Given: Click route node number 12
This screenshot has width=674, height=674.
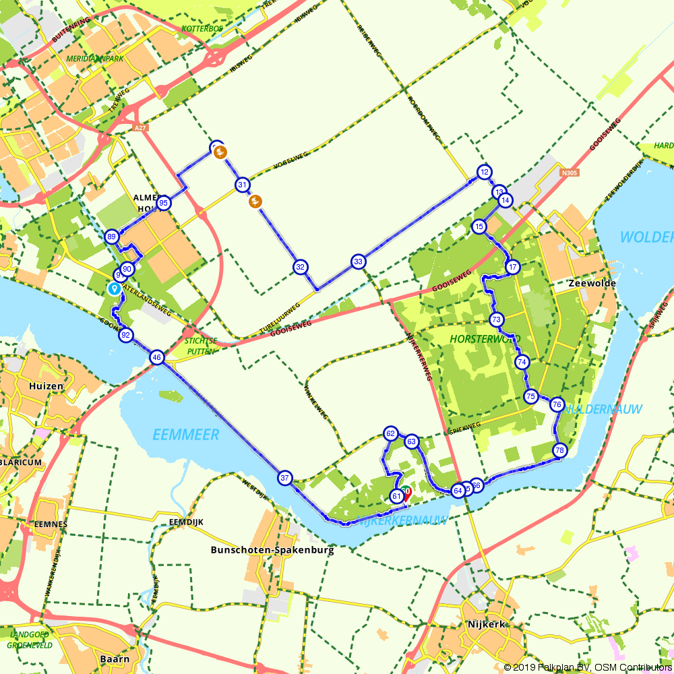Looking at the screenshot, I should point(484,173).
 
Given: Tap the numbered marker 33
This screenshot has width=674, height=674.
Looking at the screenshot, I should point(359,262).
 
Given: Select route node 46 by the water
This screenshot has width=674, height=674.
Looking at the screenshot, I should point(157,358).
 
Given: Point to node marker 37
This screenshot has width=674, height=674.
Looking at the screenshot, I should point(285,478).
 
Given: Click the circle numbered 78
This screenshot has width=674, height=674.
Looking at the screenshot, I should point(559,450).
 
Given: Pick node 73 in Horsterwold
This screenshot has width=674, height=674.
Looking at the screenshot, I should point(497,319).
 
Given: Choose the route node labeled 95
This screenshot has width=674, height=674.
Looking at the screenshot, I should point(163,203).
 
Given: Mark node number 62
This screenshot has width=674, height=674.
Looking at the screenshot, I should point(390,433).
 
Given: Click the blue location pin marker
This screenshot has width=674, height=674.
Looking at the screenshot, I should point(115,288).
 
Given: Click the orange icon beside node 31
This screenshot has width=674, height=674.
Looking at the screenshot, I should point(255,200).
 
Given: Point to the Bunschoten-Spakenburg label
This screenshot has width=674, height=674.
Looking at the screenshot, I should point(272,549).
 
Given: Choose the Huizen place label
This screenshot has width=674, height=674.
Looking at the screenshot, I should point(47,386).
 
